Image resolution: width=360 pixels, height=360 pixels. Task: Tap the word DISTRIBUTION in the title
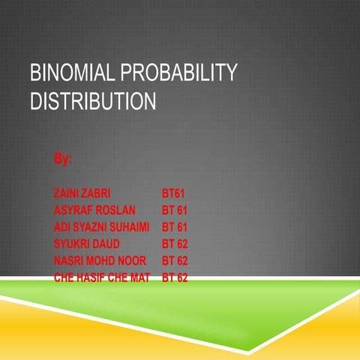tap(93, 100)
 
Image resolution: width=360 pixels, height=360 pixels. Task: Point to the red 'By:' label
tap(63, 159)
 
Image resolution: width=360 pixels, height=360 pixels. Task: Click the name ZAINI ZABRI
tap(82, 193)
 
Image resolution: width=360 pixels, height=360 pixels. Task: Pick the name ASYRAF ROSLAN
tap(94, 209)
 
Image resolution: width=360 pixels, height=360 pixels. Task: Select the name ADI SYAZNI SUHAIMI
tap(102, 226)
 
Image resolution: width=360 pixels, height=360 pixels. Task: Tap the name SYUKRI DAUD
tap(86, 244)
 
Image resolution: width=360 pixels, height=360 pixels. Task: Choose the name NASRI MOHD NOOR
tap(100, 261)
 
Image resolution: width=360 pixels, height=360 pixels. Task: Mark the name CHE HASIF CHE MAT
tap(102, 277)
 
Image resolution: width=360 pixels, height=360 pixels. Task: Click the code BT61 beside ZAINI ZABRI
tap(173, 193)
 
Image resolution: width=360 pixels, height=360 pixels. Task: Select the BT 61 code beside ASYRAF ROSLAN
tap(175, 209)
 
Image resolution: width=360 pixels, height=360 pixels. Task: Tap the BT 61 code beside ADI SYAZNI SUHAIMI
tap(175, 226)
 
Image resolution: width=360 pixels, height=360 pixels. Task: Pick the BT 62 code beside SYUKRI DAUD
tap(175, 244)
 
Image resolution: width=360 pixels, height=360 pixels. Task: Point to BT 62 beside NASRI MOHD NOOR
tap(175, 261)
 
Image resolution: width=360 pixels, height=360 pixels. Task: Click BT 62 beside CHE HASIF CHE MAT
tap(175, 277)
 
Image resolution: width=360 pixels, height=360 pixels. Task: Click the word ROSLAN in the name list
tap(114, 209)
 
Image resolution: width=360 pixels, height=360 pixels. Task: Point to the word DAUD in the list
tap(104, 244)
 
